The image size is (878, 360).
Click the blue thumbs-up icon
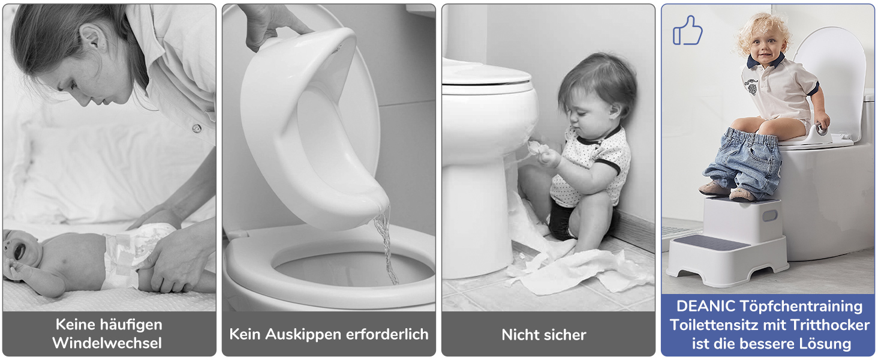(x=687, y=31)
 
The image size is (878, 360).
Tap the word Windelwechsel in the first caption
(x=107, y=343)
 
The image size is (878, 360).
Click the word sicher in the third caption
(x=564, y=335)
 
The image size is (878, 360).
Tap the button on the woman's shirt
(x=197, y=128)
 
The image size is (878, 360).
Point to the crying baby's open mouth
(x=19, y=251)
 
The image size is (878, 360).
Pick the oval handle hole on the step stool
(x=769, y=216)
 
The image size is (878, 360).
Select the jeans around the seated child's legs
(x=743, y=161)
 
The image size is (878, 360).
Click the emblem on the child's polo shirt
(x=752, y=86)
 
